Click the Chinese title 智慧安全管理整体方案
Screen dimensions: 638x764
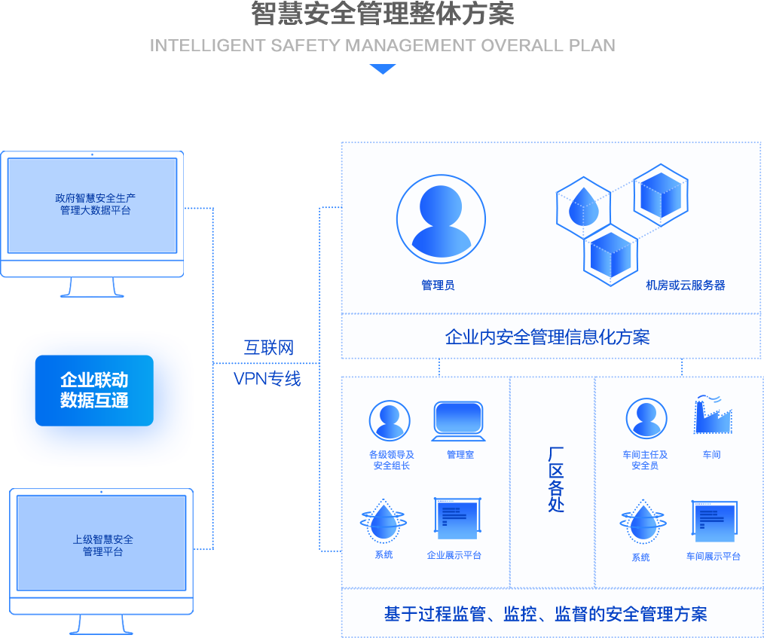(x=382, y=14)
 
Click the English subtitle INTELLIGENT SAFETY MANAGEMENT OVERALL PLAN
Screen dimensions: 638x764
(x=382, y=45)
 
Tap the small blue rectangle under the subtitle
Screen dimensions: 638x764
(x=382, y=69)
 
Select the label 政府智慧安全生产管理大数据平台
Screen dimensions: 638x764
(x=96, y=204)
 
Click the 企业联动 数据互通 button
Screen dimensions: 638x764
(x=94, y=390)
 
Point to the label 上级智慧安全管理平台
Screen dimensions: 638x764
(x=103, y=545)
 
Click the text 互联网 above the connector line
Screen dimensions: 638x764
(x=267, y=347)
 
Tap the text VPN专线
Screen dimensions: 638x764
(x=267, y=378)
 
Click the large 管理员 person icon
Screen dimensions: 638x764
(x=441, y=218)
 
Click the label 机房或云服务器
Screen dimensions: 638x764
(x=685, y=285)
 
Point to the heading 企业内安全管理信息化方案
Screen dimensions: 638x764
(x=547, y=337)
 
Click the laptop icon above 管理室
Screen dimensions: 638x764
(x=458, y=421)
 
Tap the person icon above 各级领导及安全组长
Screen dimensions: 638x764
(x=390, y=420)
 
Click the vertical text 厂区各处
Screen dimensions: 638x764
(x=555, y=479)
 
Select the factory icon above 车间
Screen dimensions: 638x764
(x=712, y=416)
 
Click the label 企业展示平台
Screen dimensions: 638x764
(x=454, y=555)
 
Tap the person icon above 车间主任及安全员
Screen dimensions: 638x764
(x=646, y=419)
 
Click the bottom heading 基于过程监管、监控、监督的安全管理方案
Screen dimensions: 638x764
(x=545, y=615)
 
